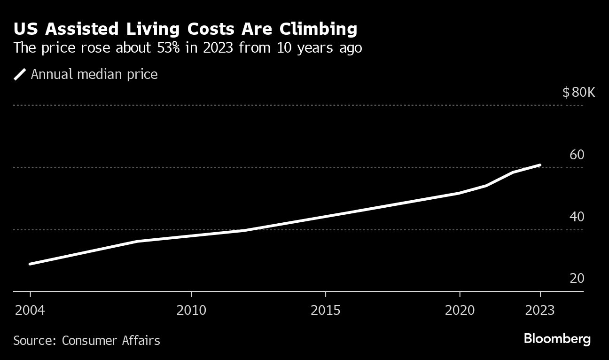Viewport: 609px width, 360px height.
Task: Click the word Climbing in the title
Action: tap(318, 29)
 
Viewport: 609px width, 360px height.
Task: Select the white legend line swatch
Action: tap(20, 74)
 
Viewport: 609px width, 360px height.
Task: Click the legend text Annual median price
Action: tap(94, 74)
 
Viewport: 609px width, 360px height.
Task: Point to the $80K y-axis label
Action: tap(578, 92)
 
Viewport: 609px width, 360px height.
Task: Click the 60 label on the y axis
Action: tap(577, 155)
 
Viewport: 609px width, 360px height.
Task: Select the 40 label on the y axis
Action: tap(577, 217)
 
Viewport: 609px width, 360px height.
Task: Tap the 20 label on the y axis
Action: tap(577, 278)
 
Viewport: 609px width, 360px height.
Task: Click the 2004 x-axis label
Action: tap(30, 311)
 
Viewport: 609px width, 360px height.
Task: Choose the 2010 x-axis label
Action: tap(191, 311)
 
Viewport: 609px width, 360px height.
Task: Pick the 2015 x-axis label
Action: tap(325, 311)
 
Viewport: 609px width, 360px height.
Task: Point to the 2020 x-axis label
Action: tap(459, 311)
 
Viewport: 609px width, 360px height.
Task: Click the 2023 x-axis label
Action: tap(540, 311)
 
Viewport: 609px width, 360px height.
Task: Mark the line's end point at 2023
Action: tap(540, 165)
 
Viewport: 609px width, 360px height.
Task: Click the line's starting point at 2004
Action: tap(31, 264)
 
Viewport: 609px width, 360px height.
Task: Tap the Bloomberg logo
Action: tap(557, 339)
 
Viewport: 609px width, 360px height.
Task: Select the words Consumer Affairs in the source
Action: tap(111, 340)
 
